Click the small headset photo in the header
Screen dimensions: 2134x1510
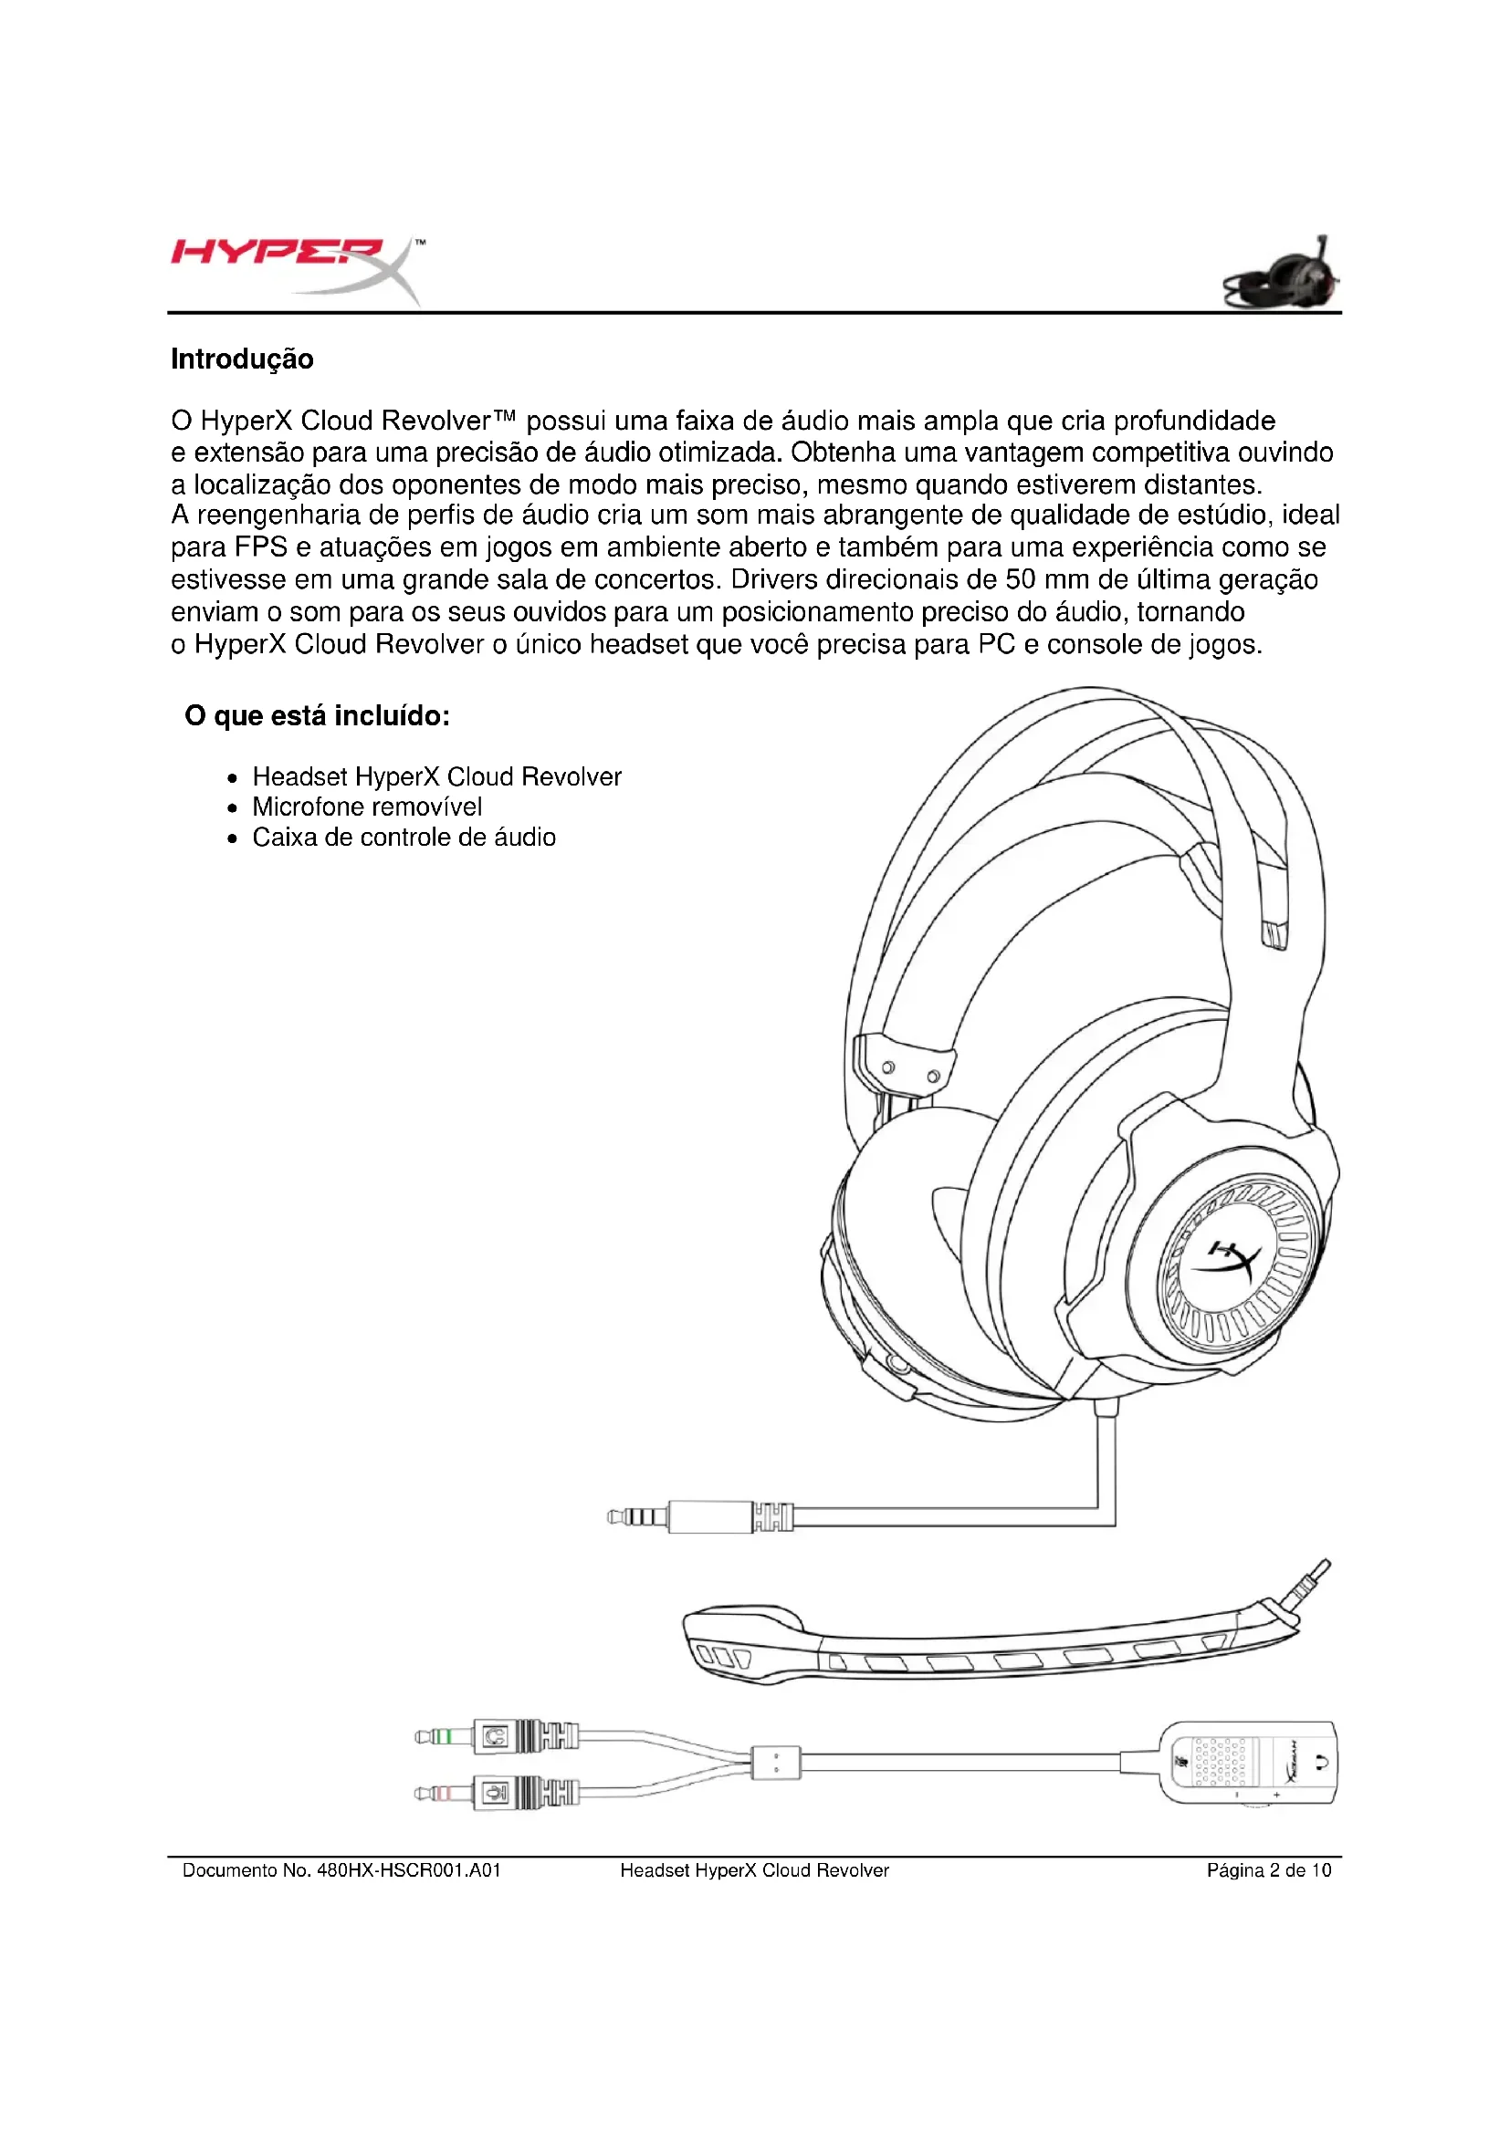pyautogui.click(x=1283, y=275)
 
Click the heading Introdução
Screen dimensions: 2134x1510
pyautogui.click(x=242, y=359)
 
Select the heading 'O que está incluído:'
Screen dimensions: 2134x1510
pyautogui.click(x=317, y=715)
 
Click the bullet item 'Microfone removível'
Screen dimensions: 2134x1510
pyautogui.click(x=367, y=807)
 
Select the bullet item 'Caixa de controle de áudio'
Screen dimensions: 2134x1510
pyautogui.click(x=404, y=838)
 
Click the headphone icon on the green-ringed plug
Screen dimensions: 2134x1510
pyautogui.click(x=496, y=1736)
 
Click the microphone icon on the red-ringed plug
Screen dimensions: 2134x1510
pyautogui.click(x=496, y=1791)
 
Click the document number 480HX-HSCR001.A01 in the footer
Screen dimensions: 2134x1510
pyautogui.click(x=409, y=1870)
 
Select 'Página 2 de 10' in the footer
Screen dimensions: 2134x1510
pyautogui.click(x=1268, y=1870)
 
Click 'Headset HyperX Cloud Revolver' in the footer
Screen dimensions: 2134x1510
pyautogui.click(x=754, y=1870)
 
